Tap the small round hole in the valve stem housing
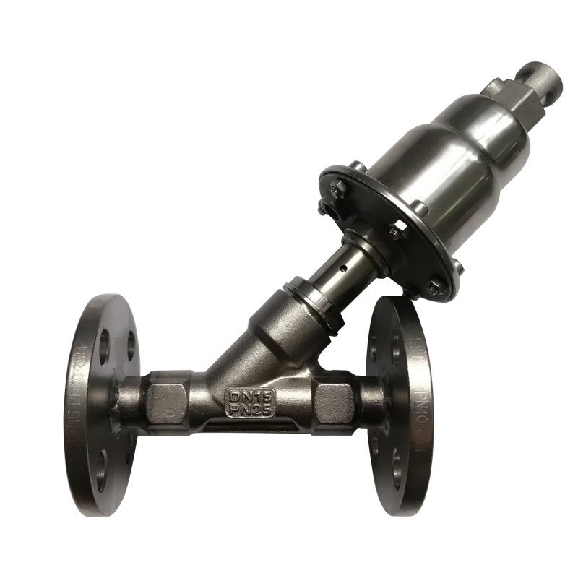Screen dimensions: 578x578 click(345, 268)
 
